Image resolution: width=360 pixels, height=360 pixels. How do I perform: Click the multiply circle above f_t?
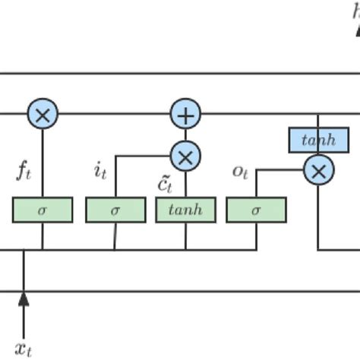click(43, 115)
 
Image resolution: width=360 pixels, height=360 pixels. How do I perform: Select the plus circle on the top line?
click(185, 115)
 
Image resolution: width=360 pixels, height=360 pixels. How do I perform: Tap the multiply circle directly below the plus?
click(185, 156)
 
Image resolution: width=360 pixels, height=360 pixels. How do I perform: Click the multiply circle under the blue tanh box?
click(318, 170)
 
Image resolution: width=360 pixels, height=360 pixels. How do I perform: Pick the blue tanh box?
click(318, 140)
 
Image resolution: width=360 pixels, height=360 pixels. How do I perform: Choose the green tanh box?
click(185, 210)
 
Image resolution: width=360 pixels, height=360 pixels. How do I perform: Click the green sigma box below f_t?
click(43, 210)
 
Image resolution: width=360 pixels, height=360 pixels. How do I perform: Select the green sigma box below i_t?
click(115, 210)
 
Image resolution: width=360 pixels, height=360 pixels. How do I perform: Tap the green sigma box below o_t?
click(256, 210)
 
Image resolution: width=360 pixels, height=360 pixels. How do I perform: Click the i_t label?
click(100, 171)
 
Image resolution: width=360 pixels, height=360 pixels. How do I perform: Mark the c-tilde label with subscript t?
click(166, 183)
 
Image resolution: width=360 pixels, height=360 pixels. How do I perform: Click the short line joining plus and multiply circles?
click(185, 135)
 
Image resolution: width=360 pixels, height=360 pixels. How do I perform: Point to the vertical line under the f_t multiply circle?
click(43, 163)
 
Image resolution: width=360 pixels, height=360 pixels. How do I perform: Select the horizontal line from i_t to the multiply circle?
click(144, 156)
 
